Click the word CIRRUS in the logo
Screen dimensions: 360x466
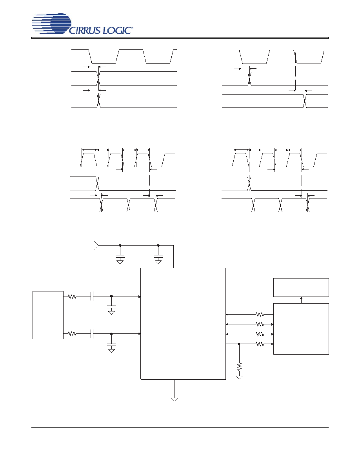85,30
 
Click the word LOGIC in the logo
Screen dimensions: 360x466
116,30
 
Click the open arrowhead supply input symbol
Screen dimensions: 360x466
96,245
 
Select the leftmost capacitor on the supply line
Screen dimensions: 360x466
120,256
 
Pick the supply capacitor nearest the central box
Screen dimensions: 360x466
158,256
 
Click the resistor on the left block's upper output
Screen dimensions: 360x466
72,296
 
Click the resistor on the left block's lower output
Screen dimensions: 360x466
72,334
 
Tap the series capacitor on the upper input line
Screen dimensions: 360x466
92,296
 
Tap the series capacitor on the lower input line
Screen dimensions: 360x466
92,334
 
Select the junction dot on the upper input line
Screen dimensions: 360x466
111,296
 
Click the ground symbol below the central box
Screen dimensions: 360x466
175,399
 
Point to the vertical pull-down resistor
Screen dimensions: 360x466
239,367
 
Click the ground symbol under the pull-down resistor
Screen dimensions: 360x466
239,377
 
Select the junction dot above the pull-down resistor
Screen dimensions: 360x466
239,344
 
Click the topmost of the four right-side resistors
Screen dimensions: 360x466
260,314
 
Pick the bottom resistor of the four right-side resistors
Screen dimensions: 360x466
260,344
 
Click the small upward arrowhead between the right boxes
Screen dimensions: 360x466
301,298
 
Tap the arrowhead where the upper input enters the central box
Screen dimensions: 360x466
139,296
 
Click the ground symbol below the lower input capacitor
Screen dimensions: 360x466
111,351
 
